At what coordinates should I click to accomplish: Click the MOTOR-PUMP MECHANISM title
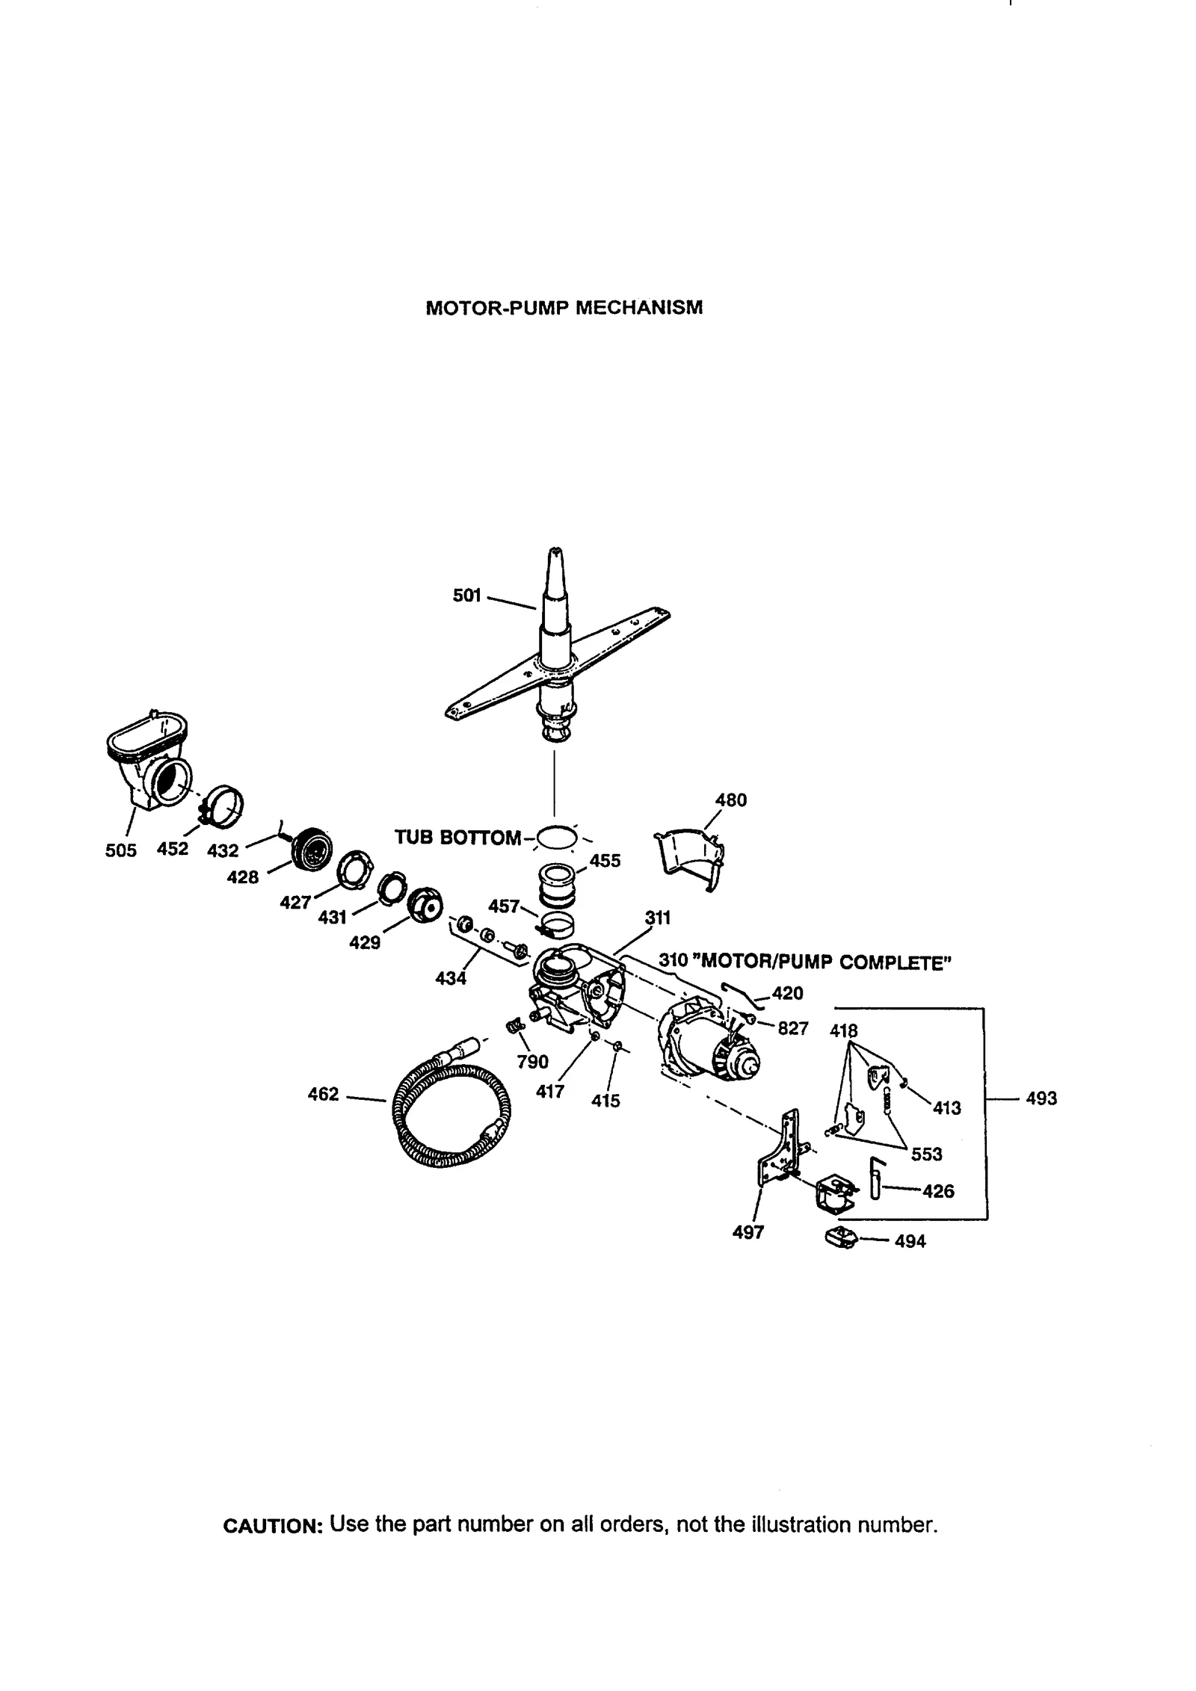point(564,308)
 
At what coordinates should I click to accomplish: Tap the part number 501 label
point(466,596)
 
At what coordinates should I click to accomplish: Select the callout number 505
point(121,850)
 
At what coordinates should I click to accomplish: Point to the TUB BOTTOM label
point(457,838)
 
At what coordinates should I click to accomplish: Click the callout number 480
point(730,800)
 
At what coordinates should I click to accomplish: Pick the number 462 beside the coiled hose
point(324,1095)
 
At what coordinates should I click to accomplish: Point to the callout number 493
point(1041,1098)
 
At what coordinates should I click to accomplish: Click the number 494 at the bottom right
point(910,1241)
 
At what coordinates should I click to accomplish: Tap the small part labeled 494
point(840,1238)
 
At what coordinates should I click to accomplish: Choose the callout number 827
point(792,1029)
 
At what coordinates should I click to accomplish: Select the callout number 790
point(532,1062)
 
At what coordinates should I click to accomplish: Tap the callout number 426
point(938,1191)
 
